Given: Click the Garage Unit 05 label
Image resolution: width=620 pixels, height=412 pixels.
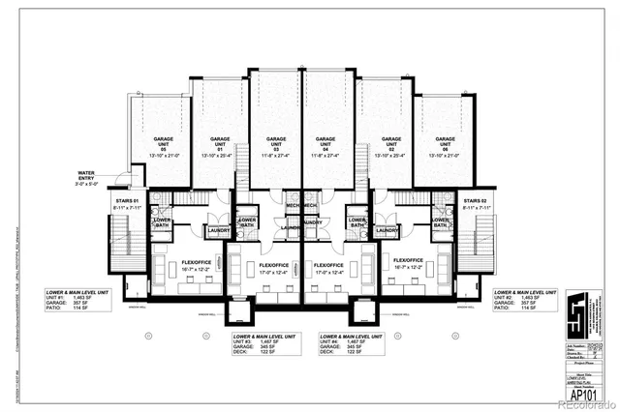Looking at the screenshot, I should pos(162,143).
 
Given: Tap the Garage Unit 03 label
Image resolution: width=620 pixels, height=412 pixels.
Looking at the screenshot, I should pos(275,143).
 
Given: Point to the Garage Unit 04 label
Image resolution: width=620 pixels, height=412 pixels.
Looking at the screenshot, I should pos(329,143).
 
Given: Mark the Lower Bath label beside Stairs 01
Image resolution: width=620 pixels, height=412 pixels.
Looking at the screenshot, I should pos(162,222).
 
